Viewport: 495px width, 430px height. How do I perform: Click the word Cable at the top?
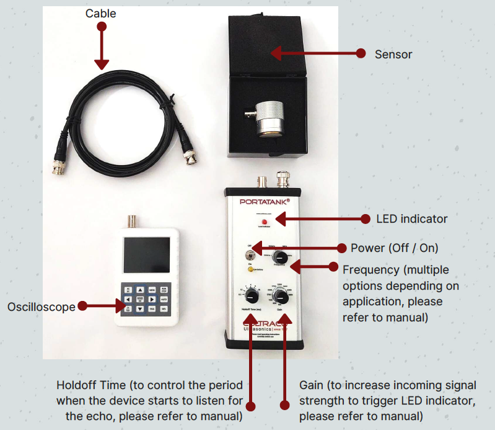pos(101,13)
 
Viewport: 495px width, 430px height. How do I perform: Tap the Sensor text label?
pos(393,55)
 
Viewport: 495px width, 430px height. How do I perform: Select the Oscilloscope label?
pos(41,307)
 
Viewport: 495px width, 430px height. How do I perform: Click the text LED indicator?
pos(411,218)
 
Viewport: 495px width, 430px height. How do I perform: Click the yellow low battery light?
pos(251,269)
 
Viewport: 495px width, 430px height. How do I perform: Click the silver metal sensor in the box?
pos(271,116)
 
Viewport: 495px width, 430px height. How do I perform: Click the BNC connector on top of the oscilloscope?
pos(131,221)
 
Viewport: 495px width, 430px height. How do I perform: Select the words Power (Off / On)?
pos(394,248)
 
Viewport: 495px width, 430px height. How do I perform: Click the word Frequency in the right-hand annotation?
pos(368,269)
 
